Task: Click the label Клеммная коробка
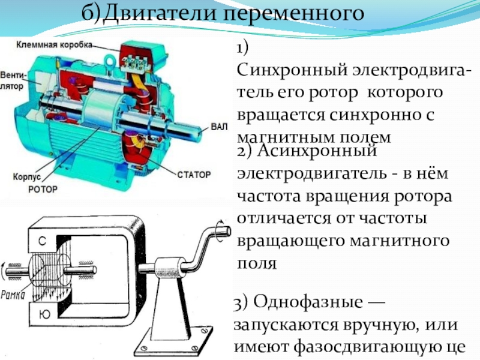54,45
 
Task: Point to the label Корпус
26,178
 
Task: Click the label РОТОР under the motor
43,189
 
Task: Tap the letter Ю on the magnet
43,313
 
